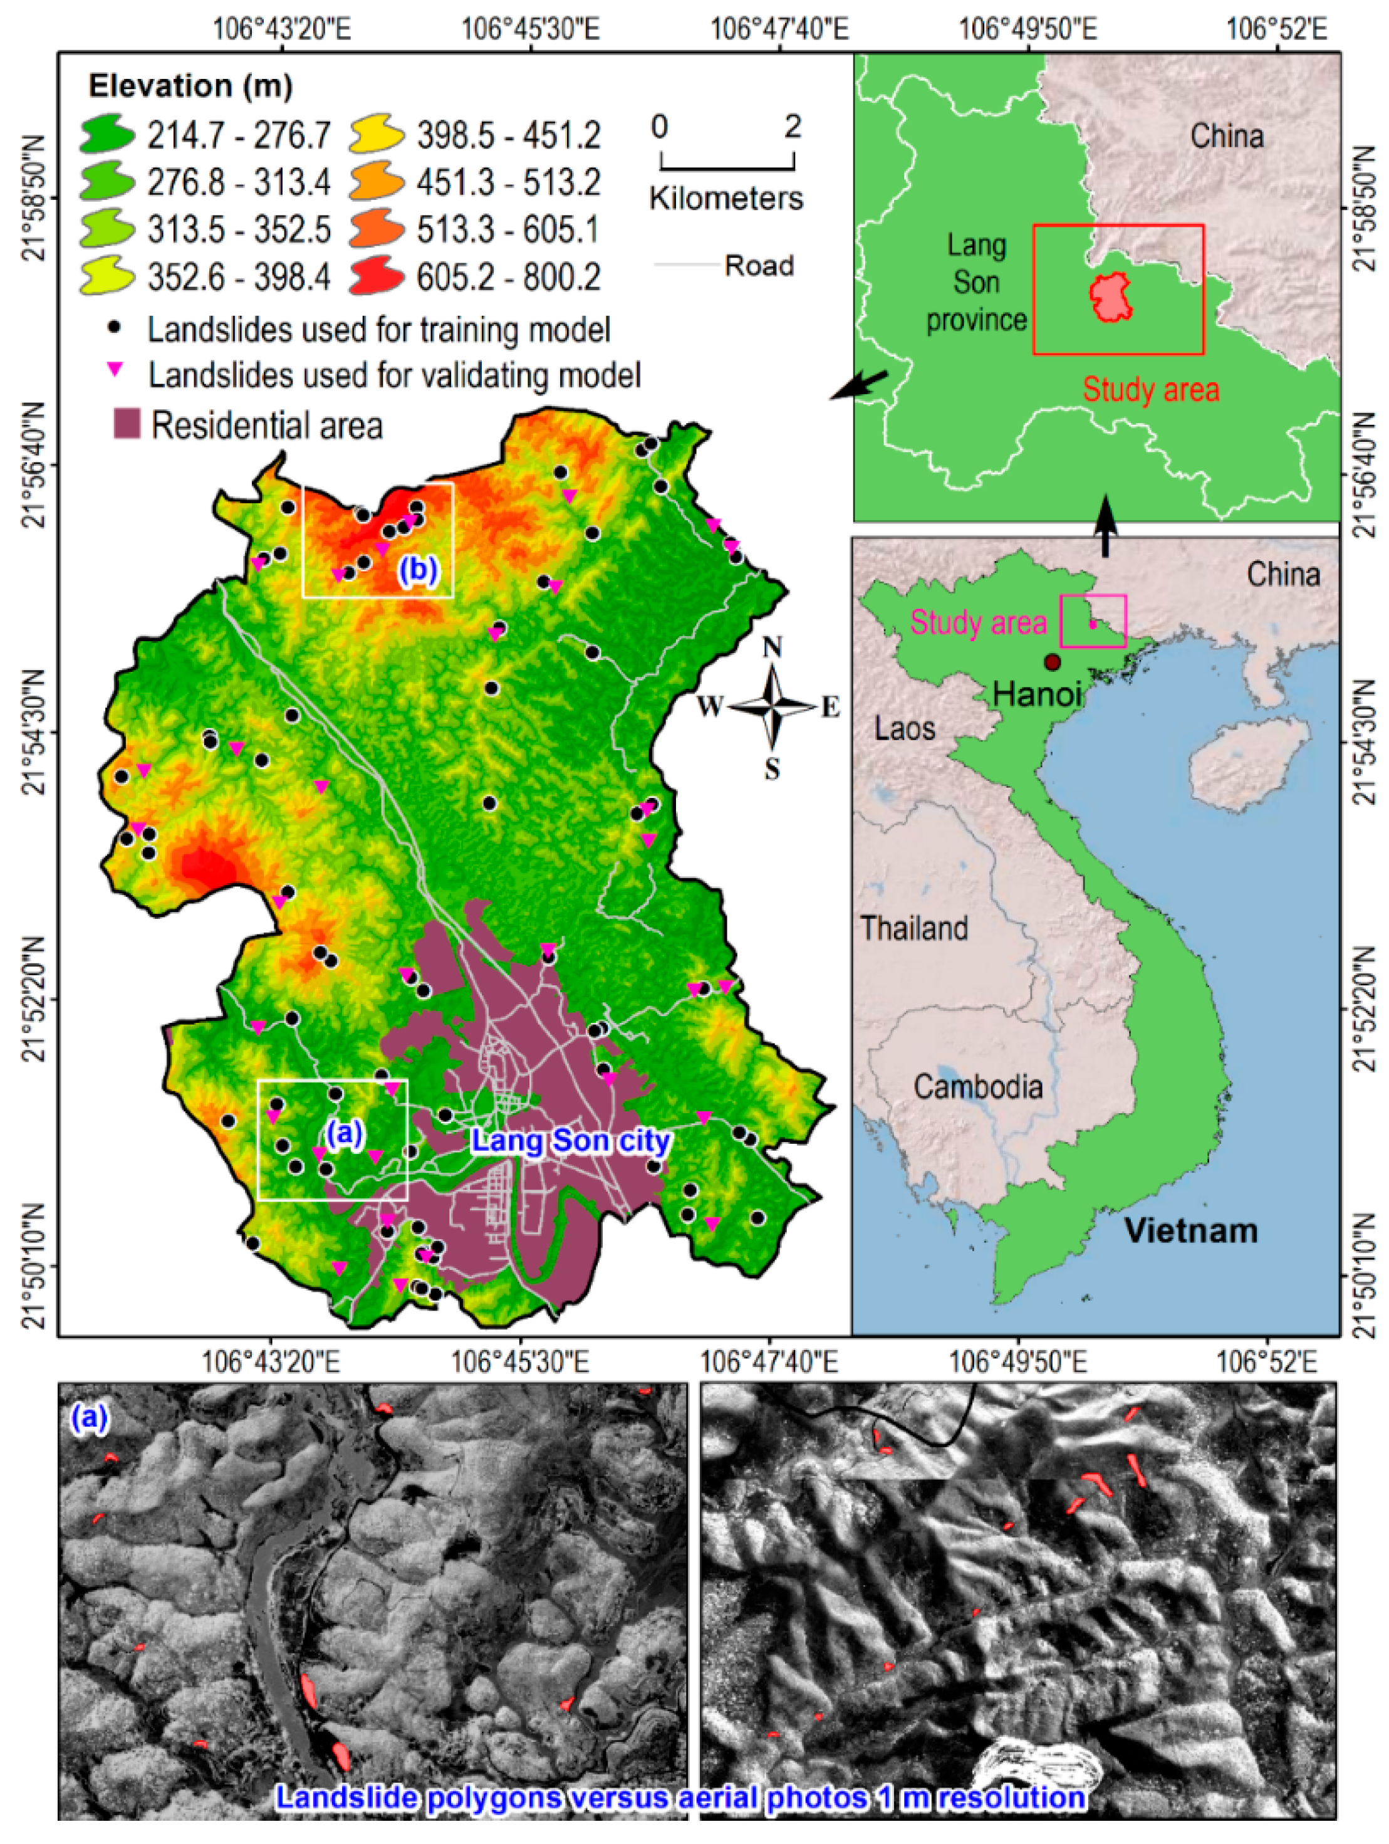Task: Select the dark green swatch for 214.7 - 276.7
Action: click(x=108, y=135)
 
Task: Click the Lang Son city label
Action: click(x=571, y=1140)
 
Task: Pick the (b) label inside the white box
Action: click(x=417, y=568)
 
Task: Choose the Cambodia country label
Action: click(x=977, y=1086)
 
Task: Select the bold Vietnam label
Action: click(x=1190, y=1230)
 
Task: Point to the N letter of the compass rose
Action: click(x=773, y=647)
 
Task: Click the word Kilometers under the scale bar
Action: click(x=726, y=199)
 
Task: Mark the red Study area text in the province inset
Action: click(x=1151, y=389)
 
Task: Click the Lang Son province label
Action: click(x=977, y=283)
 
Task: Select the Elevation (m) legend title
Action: click(x=191, y=86)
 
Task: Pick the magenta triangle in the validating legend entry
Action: click(x=115, y=369)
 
